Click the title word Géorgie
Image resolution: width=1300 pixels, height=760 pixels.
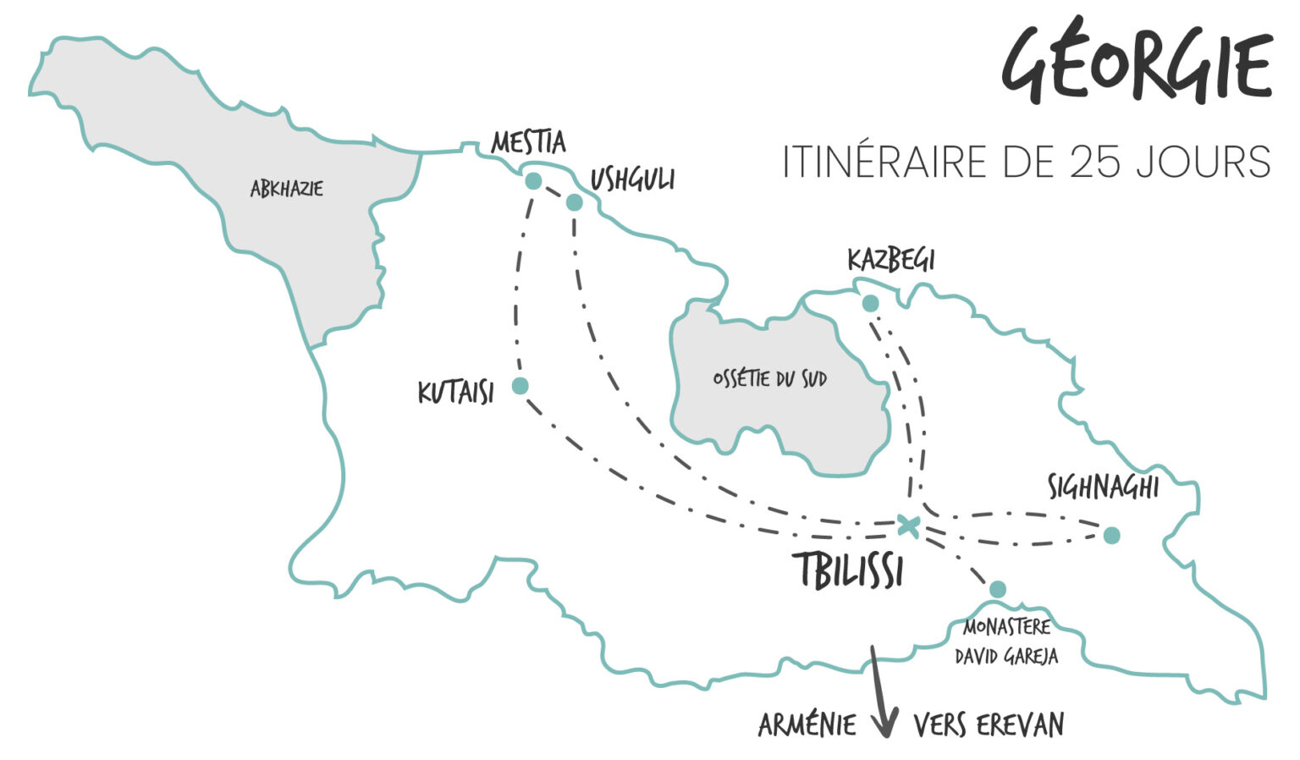(x=1137, y=63)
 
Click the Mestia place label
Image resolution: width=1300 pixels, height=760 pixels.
(x=528, y=142)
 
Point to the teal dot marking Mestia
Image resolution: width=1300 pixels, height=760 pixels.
(x=533, y=181)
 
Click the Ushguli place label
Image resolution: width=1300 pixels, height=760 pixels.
(x=632, y=179)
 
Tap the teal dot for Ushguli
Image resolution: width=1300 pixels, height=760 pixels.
(x=574, y=202)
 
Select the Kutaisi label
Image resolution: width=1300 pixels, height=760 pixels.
(x=455, y=393)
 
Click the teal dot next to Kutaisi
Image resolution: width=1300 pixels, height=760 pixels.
(x=521, y=386)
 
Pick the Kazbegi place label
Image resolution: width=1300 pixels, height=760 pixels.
(x=890, y=260)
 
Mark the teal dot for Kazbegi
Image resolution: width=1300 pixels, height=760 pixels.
(x=870, y=303)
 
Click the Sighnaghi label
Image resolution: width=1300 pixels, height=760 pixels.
(x=1103, y=487)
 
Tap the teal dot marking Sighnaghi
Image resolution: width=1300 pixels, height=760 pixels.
(x=1112, y=535)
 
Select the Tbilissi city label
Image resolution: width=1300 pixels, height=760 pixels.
(x=851, y=571)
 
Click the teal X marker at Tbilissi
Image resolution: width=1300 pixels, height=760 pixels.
(x=908, y=525)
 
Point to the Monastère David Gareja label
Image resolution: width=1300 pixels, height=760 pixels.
(x=1006, y=642)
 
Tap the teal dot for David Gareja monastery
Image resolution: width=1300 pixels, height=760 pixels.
(x=998, y=589)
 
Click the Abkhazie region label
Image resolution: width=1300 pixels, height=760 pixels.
(x=286, y=189)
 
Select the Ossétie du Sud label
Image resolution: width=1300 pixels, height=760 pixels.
(x=769, y=378)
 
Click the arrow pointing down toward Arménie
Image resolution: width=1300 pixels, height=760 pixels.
(x=882, y=694)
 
